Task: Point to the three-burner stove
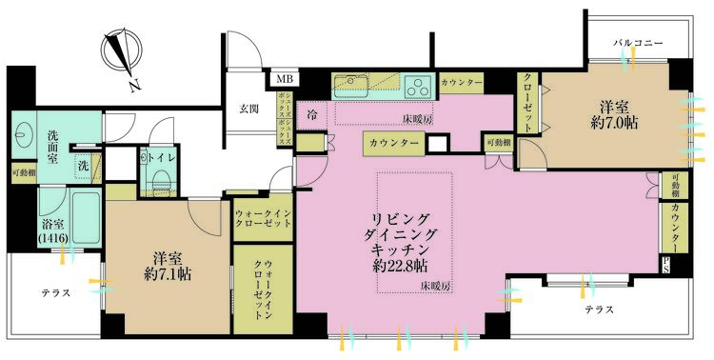click(418, 85)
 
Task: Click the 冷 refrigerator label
click(311, 113)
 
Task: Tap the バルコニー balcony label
click(637, 44)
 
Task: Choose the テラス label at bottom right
click(597, 310)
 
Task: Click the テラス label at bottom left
click(56, 293)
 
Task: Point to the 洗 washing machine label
click(84, 166)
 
